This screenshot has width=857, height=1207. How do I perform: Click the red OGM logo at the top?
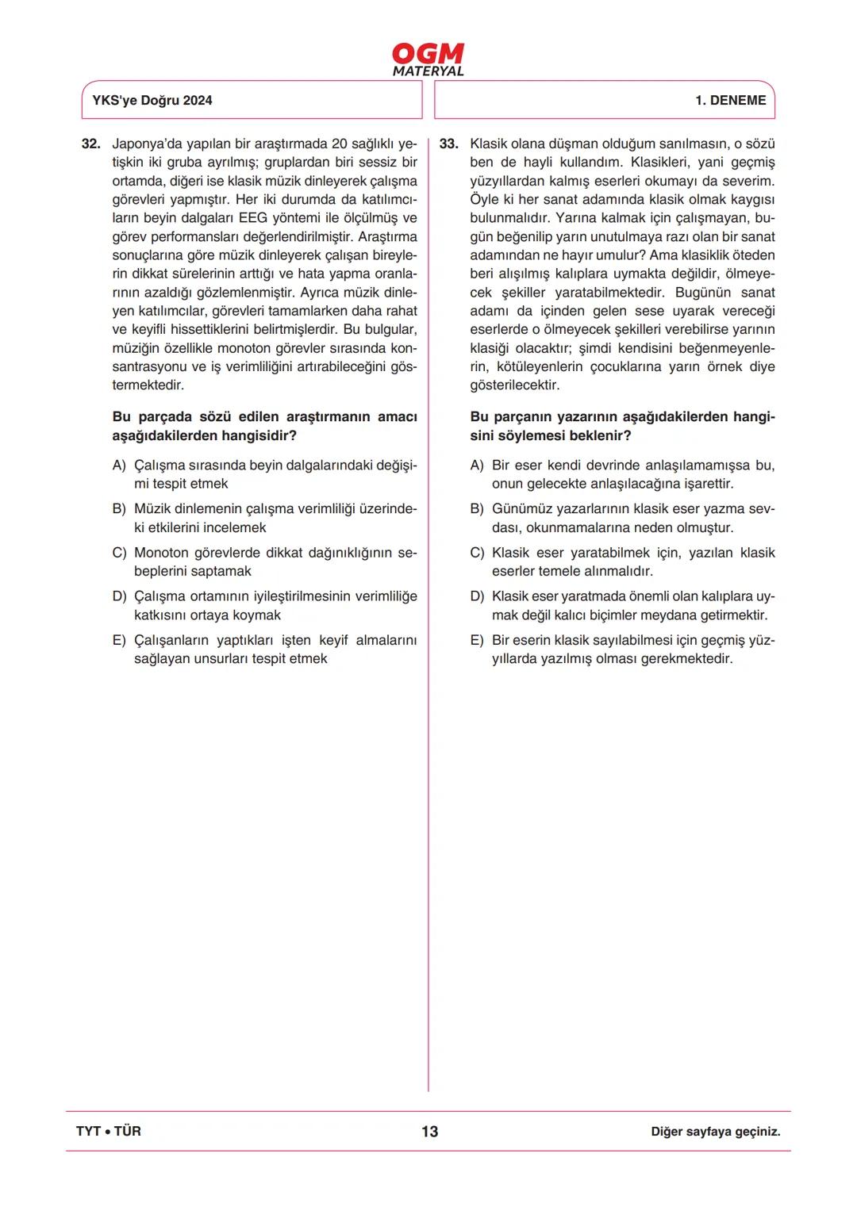click(428, 53)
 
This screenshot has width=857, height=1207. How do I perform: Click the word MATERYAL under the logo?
click(428, 71)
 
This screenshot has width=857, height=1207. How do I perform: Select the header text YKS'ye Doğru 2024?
click(152, 100)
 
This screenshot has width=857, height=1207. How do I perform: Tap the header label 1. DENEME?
click(730, 100)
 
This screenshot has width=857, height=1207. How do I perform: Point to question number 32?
click(91, 144)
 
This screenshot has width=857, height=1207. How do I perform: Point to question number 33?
click(448, 144)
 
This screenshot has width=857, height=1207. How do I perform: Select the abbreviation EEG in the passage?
click(253, 218)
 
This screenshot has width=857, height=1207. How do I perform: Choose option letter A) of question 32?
click(119, 466)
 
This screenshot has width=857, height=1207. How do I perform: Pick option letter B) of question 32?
click(119, 509)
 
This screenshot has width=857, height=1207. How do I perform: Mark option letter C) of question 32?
click(119, 553)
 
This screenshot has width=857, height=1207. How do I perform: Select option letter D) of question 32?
click(119, 596)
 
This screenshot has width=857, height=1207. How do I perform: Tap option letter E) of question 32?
click(119, 640)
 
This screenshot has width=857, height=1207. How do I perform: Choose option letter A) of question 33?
click(477, 466)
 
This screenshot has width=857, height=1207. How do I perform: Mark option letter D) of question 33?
click(477, 596)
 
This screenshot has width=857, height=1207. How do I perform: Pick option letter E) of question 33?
click(477, 640)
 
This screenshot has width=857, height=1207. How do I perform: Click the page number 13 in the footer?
click(429, 1132)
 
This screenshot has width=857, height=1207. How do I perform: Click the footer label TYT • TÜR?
click(109, 1132)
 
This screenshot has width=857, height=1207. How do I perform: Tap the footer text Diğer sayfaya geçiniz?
click(715, 1132)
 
